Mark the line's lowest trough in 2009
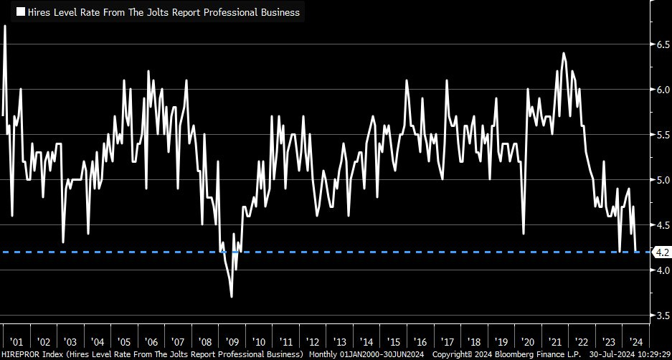tap(231, 297)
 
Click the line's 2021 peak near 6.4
tap(564, 53)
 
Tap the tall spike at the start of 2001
tap(5, 26)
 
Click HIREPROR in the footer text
tap(21, 354)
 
